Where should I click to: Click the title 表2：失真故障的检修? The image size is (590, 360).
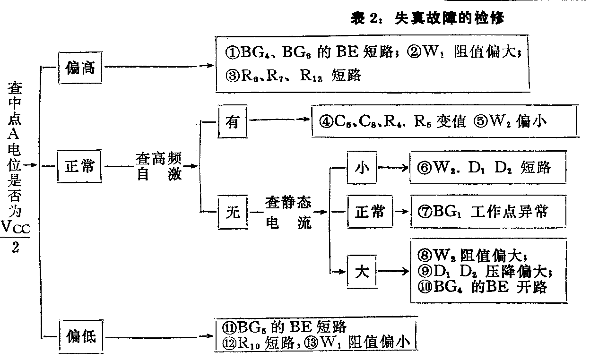coord(428,18)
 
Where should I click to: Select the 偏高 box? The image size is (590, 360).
coord(79,68)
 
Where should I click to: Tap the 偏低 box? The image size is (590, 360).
coord(79,336)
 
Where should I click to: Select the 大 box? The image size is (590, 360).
coord(362,271)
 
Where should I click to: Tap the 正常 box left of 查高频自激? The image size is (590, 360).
coord(79,166)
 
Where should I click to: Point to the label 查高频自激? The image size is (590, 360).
coord(159,166)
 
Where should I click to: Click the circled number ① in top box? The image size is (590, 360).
coord(232,52)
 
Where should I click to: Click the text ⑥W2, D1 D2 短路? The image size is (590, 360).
coord(484,167)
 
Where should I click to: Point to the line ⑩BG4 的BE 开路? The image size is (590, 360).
coord(483,286)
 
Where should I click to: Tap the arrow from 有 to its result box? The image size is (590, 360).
coord(279,121)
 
